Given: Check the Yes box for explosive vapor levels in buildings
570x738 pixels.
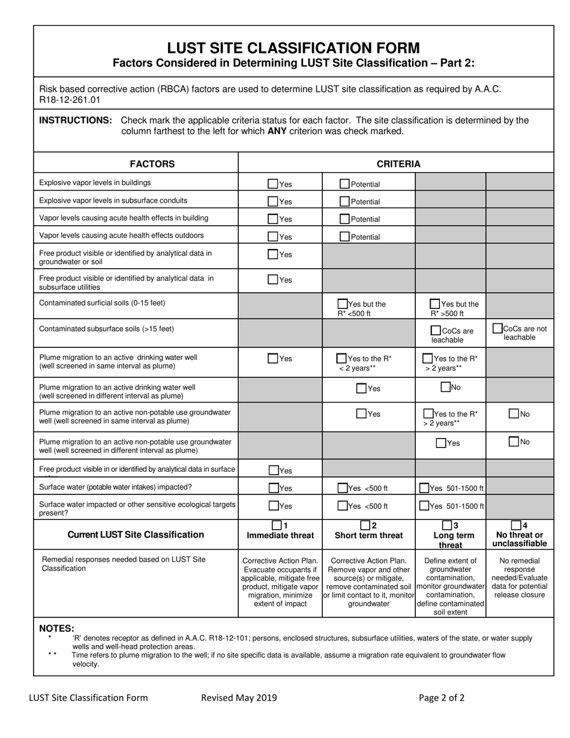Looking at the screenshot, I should [x=273, y=184].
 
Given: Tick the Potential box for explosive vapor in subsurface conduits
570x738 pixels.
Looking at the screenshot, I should [x=344, y=202].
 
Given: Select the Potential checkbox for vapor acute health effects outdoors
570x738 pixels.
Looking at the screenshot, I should [x=344, y=236].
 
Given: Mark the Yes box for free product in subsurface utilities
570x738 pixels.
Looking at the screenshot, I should [x=273, y=279].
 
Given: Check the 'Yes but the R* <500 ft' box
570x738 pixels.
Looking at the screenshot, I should [x=343, y=304].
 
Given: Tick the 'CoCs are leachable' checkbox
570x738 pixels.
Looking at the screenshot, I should [x=436, y=330].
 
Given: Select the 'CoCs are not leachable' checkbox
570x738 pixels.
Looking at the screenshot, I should [x=497, y=328].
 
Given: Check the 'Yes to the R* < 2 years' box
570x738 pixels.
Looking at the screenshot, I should [x=342, y=358].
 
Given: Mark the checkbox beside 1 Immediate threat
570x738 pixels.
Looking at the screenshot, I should [x=277, y=525].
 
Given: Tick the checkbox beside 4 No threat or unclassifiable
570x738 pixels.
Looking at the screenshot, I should [x=516, y=525].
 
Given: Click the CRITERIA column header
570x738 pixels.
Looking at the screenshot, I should [x=398, y=164].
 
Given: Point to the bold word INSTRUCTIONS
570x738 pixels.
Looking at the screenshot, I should [x=76, y=120].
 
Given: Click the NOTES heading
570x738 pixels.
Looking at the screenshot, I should [x=56, y=628].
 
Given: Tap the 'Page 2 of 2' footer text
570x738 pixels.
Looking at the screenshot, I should [x=441, y=697].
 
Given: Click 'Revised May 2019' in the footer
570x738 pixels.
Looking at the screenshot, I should [x=239, y=697].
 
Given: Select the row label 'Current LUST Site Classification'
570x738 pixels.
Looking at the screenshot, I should [x=136, y=535].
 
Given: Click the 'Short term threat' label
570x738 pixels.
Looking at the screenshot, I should [x=368, y=535].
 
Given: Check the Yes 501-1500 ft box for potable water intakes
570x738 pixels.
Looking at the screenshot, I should [x=424, y=488].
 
